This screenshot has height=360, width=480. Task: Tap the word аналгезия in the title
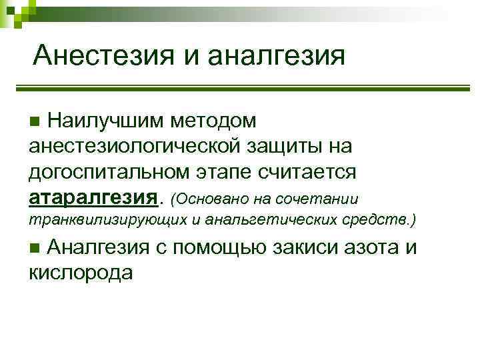(277, 55)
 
